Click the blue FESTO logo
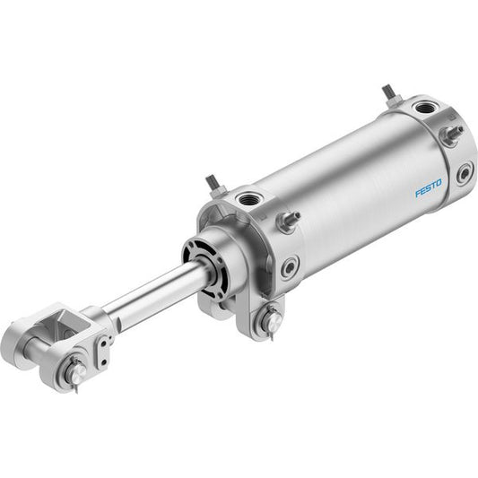429,188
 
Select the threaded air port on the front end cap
248,200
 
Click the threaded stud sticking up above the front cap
215,186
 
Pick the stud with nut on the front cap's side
288,222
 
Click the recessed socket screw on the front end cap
289,267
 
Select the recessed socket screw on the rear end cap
465,173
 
